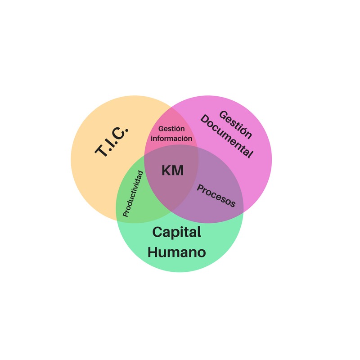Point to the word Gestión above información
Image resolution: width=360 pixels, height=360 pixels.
click(171, 129)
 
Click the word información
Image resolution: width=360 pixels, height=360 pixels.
click(171, 139)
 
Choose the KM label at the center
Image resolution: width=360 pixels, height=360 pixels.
click(173, 171)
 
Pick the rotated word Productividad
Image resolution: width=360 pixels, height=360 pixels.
click(133, 194)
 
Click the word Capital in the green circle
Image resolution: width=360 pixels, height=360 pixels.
click(176, 232)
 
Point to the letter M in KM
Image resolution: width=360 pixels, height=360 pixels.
click(178, 171)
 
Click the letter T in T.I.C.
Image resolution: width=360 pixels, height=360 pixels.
click(101, 151)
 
